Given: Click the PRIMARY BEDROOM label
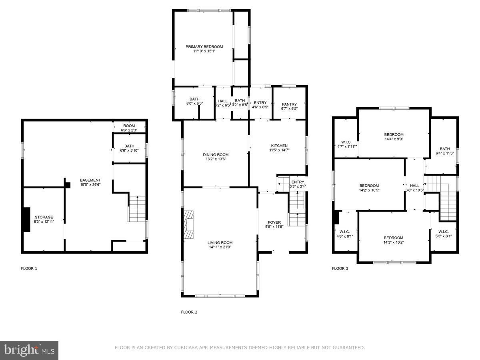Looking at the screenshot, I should [x=204, y=47].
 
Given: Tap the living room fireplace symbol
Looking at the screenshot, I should [x=188, y=225].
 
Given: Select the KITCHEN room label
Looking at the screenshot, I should [x=279, y=146].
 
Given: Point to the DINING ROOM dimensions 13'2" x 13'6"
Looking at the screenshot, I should [x=216, y=159].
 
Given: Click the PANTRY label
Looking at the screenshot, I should [x=289, y=104].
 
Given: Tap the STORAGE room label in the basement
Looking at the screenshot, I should [x=44, y=217].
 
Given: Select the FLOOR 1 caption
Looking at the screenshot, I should [x=29, y=268].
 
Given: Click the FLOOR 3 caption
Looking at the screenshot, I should [x=340, y=268].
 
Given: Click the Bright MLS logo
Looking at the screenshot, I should [x=29, y=350].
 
